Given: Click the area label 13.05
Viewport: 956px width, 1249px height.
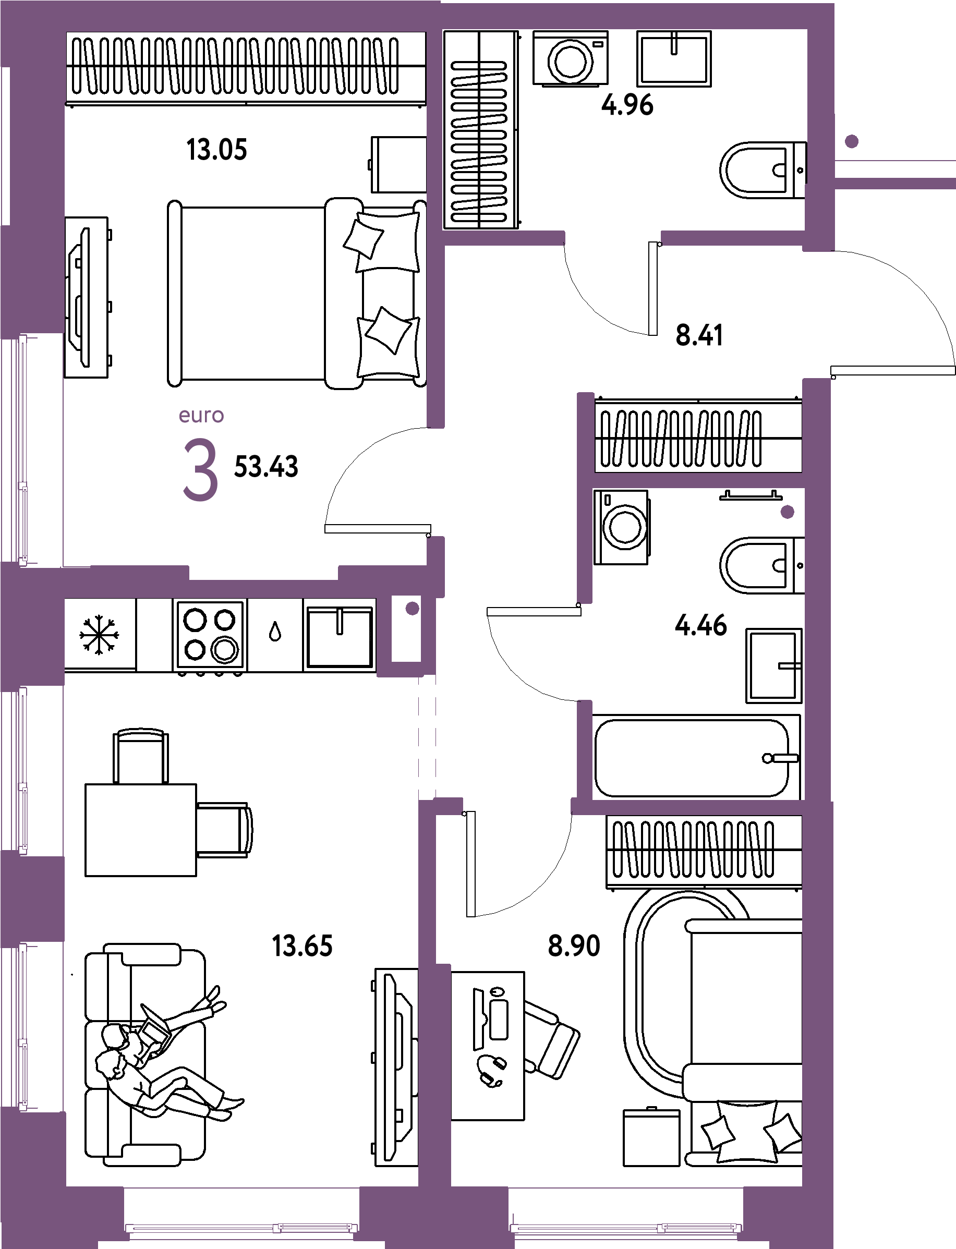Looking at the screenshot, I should (217, 151).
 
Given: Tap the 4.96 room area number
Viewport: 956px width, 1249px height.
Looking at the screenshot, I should (627, 105).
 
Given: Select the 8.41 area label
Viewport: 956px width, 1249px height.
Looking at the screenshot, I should (699, 335).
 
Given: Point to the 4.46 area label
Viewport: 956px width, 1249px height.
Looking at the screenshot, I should (700, 625).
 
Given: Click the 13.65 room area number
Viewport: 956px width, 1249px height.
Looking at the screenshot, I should (302, 945).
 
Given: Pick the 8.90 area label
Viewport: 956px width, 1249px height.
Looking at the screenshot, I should (574, 945).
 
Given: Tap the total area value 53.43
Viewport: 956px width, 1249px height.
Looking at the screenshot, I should (267, 467).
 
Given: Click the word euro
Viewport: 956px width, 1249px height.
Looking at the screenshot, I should (201, 416).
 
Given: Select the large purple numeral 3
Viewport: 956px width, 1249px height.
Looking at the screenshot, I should (200, 472).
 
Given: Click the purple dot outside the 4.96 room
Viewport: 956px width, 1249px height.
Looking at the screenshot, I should (851, 141).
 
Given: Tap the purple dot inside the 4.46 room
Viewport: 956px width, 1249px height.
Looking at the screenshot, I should (787, 512).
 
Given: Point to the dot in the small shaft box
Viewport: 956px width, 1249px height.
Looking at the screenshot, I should (413, 608).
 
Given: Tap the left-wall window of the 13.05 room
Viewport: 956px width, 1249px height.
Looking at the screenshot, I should (23, 450).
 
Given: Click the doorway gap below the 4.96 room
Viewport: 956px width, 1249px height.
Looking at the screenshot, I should (613, 238).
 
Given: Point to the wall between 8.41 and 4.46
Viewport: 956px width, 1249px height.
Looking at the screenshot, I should (698, 480).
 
